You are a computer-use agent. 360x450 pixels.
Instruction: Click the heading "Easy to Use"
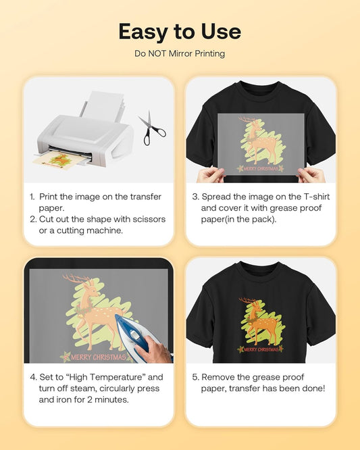tap(180, 32)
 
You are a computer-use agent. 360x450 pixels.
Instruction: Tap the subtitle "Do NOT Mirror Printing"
tap(180, 53)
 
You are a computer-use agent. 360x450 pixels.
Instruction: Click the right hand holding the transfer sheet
tap(312, 174)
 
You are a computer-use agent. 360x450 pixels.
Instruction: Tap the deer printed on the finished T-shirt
tap(260, 321)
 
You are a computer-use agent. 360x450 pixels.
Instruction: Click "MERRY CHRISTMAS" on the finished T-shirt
tap(261, 349)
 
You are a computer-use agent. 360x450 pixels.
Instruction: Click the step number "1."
tap(32, 196)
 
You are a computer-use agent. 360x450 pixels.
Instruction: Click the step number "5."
tap(195, 376)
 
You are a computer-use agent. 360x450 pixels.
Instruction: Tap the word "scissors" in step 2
tap(145, 219)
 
